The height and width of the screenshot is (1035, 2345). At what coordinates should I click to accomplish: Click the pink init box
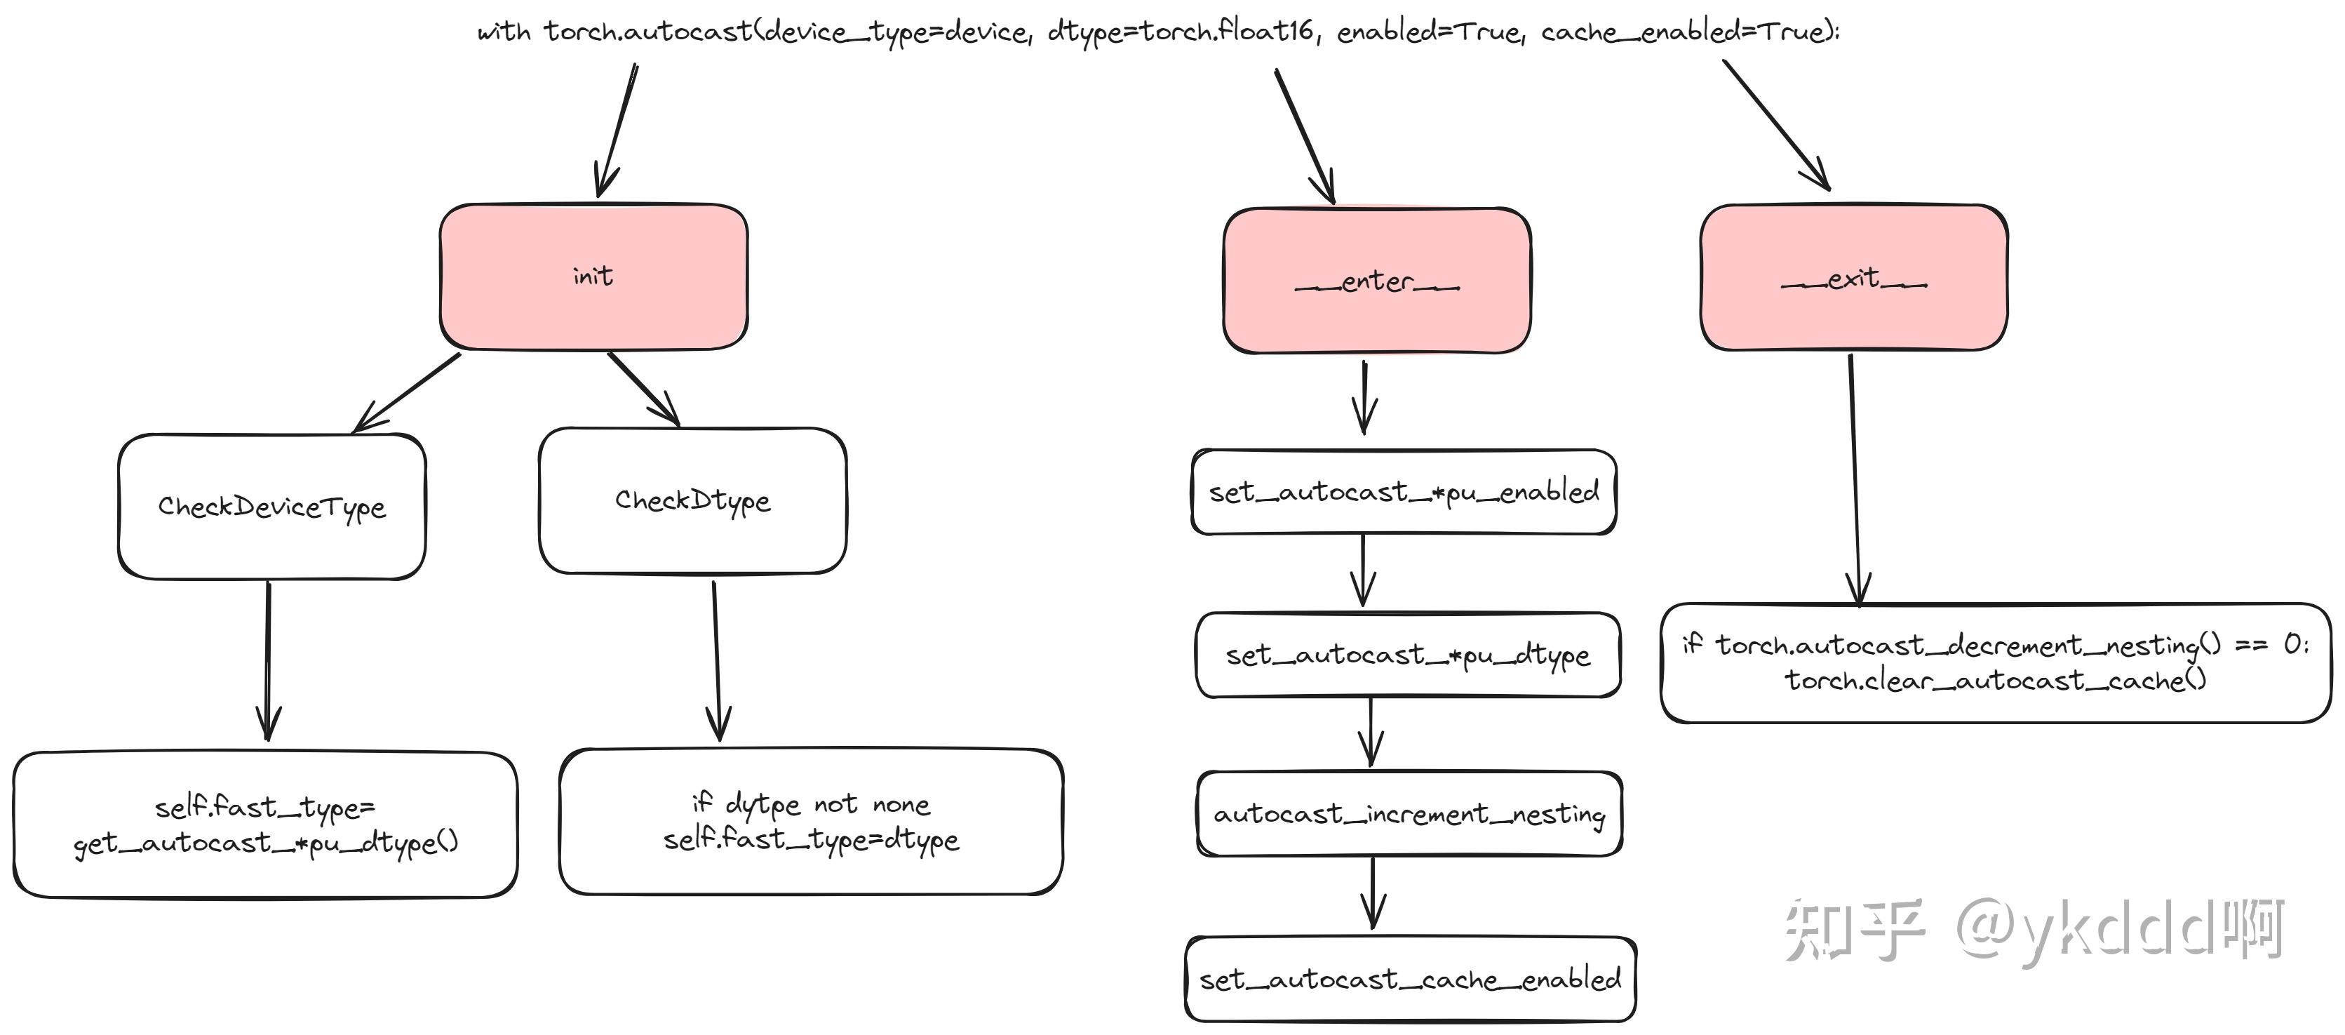pyautogui.click(x=593, y=276)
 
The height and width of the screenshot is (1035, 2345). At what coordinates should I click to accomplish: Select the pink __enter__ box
pyautogui.click(x=1376, y=281)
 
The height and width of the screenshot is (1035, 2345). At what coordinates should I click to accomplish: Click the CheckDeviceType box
pyautogui.click(x=271, y=506)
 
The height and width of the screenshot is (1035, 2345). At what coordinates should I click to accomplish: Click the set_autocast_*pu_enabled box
pyautogui.click(x=1403, y=493)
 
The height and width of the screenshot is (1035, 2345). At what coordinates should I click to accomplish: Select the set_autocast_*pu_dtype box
pyautogui.click(x=1407, y=655)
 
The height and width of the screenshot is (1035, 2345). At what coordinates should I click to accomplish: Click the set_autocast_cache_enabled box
pyautogui.click(x=1409, y=980)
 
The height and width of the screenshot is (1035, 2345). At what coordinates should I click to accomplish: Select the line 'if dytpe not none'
pyautogui.click(x=810, y=803)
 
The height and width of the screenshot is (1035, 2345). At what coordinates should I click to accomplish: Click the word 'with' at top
pyautogui.click(x=504, y=33)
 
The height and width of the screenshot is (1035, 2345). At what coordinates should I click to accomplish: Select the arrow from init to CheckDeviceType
pyautogui.click(x=407, y=392)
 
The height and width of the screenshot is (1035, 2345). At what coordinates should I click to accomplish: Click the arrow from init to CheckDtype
pyautogui.click(x=643, y=389)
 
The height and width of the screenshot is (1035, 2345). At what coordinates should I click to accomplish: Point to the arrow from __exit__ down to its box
pyautogui.click(x=1855, y=478)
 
